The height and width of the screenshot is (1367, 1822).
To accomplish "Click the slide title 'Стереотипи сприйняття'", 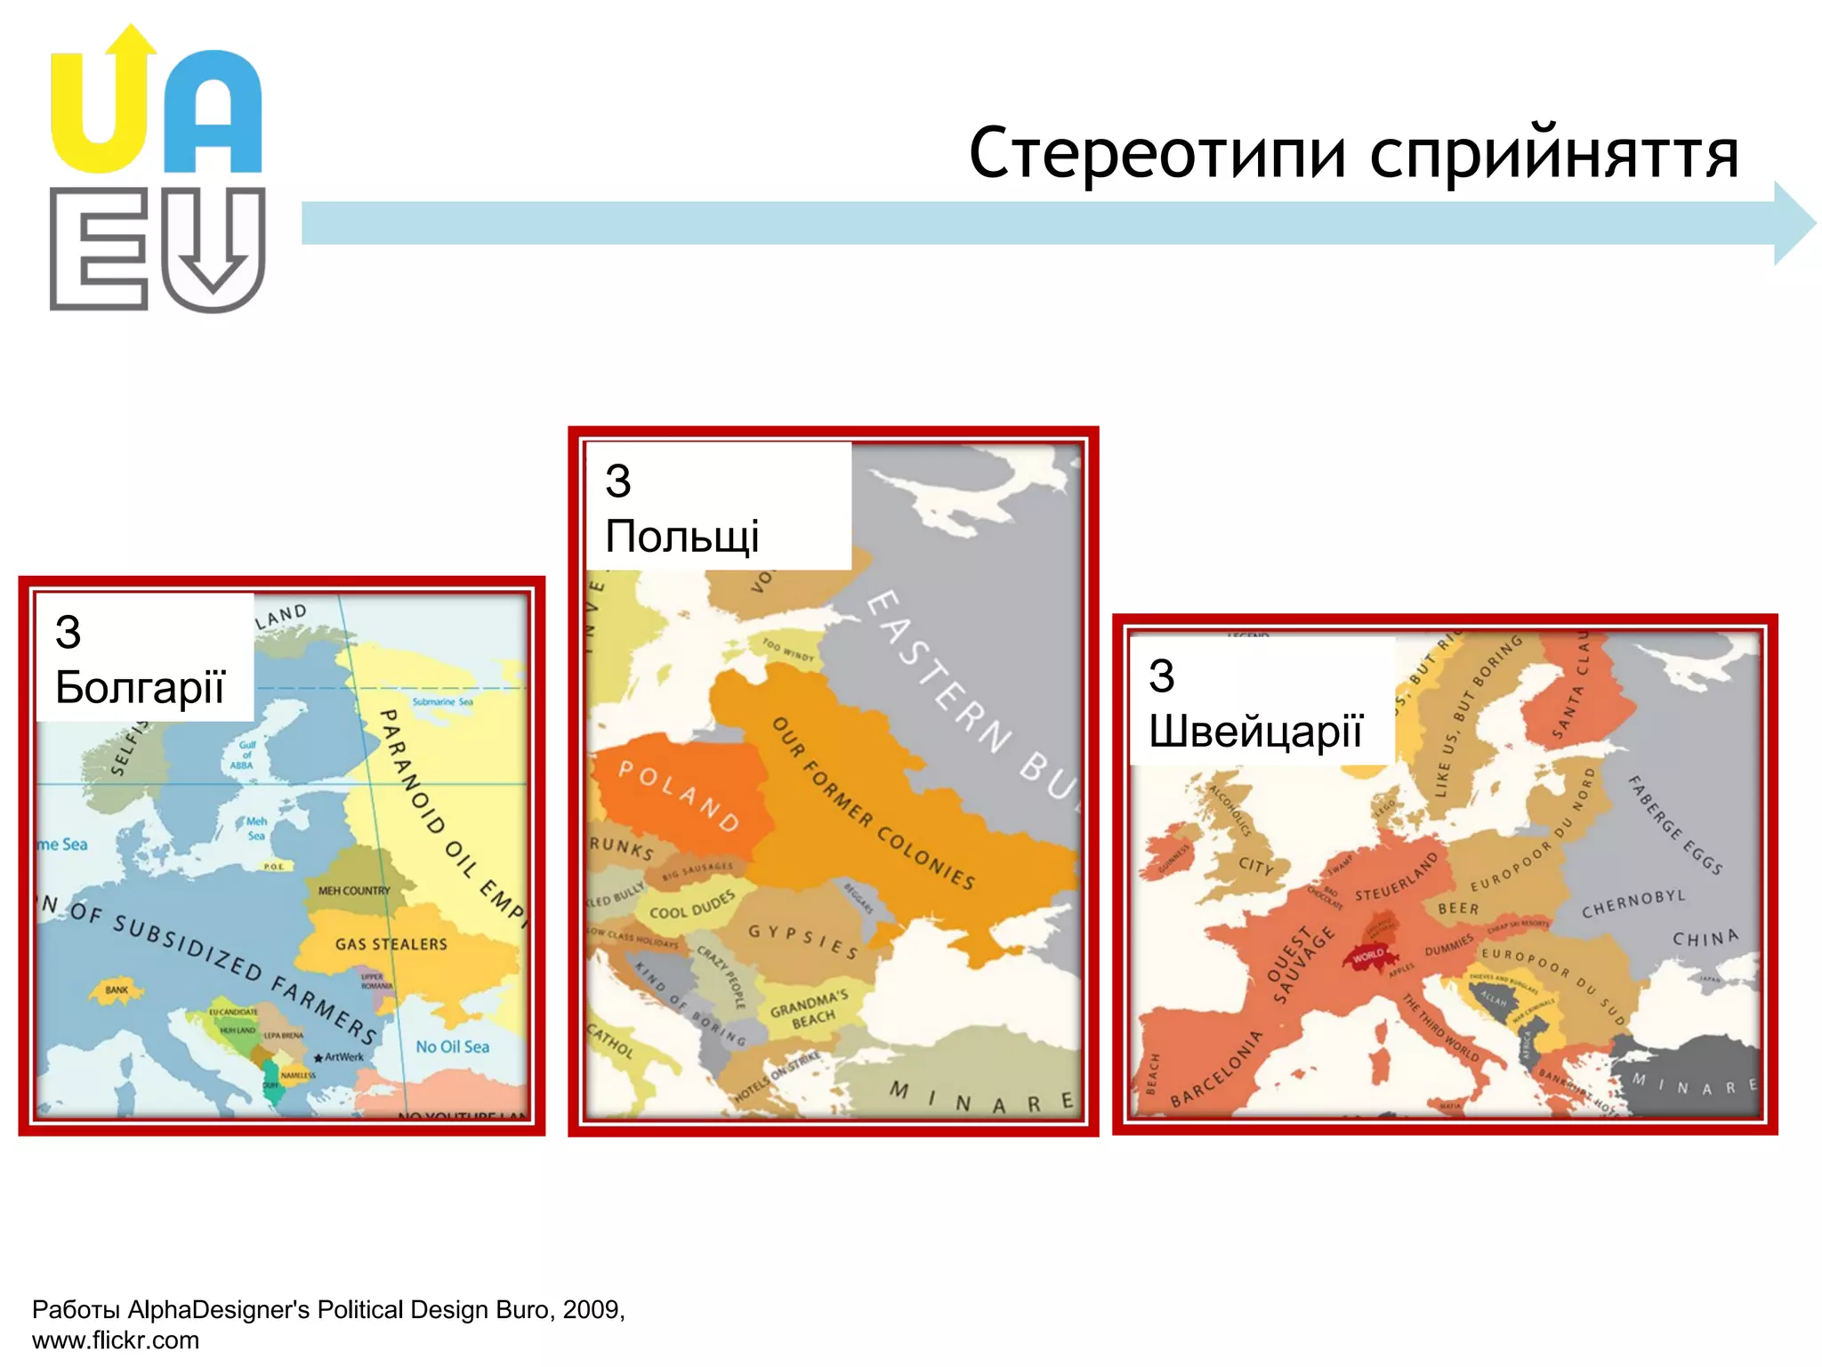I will (x=1352, y=154).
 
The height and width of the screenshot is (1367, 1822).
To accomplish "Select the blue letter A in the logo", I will (x=212, y=116).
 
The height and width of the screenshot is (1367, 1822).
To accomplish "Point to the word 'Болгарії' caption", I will (x=140, y=688).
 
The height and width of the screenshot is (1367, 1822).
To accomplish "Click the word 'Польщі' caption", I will (x=681, y=537).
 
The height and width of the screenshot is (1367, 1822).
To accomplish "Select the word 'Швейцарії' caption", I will (x=1254, y=732).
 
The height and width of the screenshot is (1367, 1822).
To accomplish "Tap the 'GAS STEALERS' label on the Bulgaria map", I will (x=391, y=944).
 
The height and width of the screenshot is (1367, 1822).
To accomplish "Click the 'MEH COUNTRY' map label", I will (x=354, y=890).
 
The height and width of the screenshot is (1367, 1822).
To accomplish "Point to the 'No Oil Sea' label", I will (x=452, y=1047).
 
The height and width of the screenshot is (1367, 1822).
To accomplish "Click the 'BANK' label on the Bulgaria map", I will (x=117, y=990).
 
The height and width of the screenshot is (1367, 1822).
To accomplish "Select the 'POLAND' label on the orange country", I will (x=679, y=796).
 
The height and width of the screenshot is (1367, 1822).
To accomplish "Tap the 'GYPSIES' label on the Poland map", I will (x=802, y=942).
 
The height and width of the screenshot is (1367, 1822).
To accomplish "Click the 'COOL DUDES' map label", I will (x=692, y=906).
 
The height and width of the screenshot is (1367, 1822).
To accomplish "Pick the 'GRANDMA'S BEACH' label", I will (x=810, y=1008).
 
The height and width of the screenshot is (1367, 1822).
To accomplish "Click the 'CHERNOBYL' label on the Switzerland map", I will (x=1633, y=904).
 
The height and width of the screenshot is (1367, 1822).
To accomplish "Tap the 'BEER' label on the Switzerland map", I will (x=1458, y=909).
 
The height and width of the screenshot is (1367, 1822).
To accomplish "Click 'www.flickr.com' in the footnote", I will (x=116, y=1340).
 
